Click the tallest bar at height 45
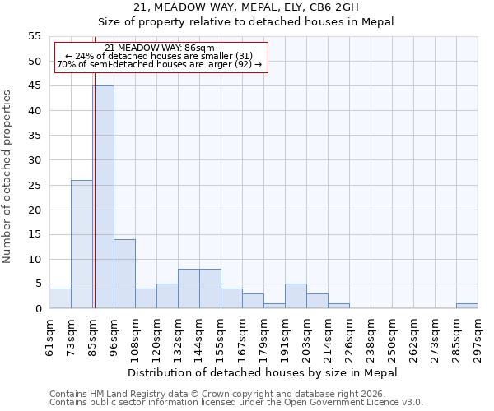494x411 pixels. [103, 197]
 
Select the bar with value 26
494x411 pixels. [82, 244]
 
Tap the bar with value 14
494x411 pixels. [124, 274]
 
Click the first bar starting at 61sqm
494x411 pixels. [60, 298]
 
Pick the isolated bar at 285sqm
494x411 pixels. [467, 306]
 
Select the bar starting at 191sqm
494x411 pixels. [296, 296]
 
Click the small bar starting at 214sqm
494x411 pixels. [338, 306]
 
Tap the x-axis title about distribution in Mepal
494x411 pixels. [263, 372]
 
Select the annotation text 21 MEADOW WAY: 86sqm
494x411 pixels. [160, 48]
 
